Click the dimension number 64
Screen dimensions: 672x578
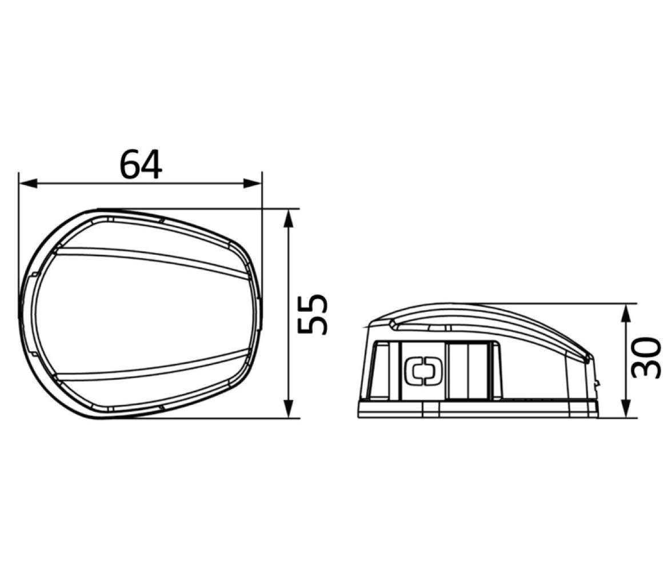click(141, 164)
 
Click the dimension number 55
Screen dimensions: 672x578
click(313, 314)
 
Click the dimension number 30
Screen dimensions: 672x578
click(646, 358)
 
